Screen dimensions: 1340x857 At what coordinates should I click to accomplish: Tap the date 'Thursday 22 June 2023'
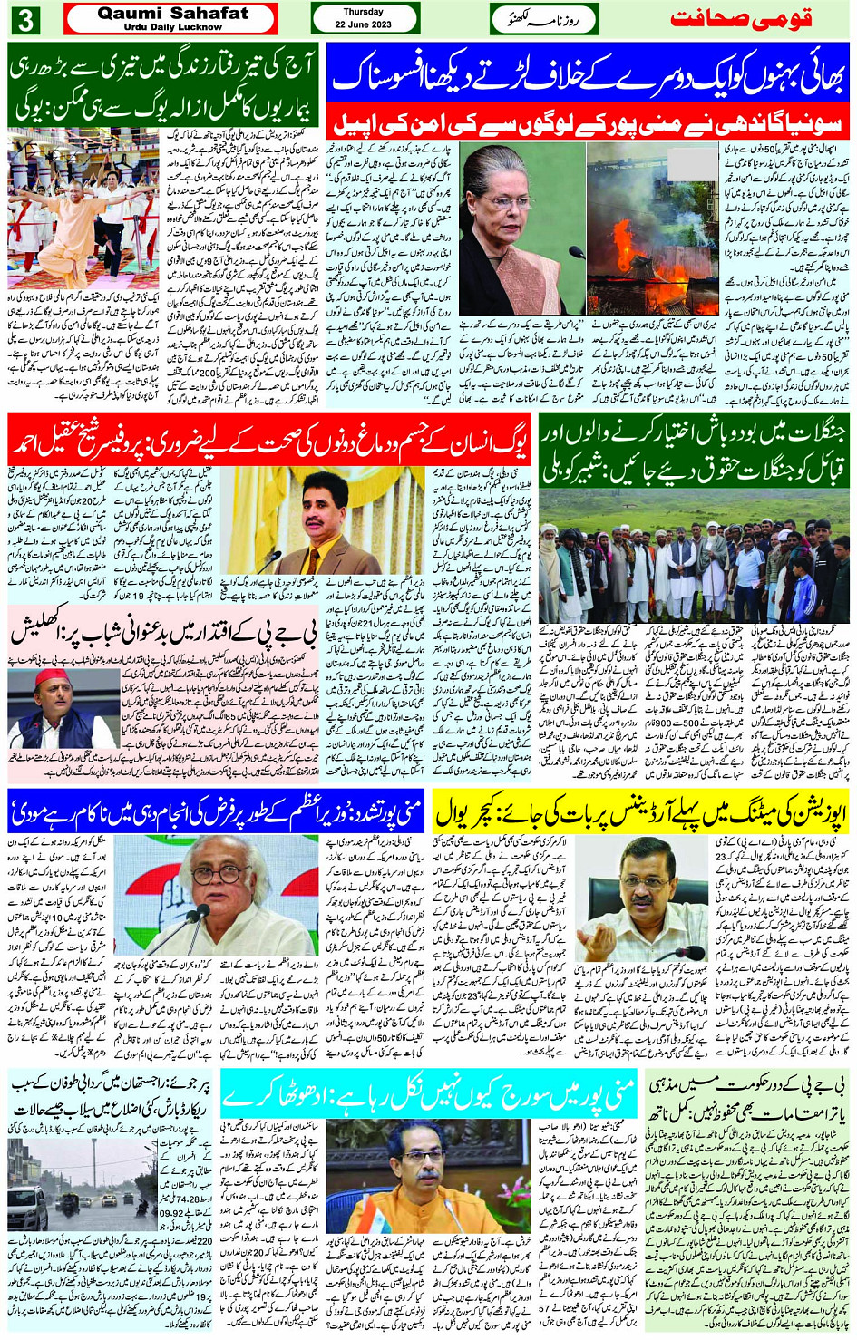click(365, 18)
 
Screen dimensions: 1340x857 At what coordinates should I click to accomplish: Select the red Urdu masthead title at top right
click(741, 19)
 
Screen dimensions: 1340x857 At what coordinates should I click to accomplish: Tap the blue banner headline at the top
click(588, 78)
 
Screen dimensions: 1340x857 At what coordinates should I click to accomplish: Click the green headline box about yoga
click(163, 84)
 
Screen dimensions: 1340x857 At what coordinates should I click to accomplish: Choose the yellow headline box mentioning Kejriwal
click(641, 811)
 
